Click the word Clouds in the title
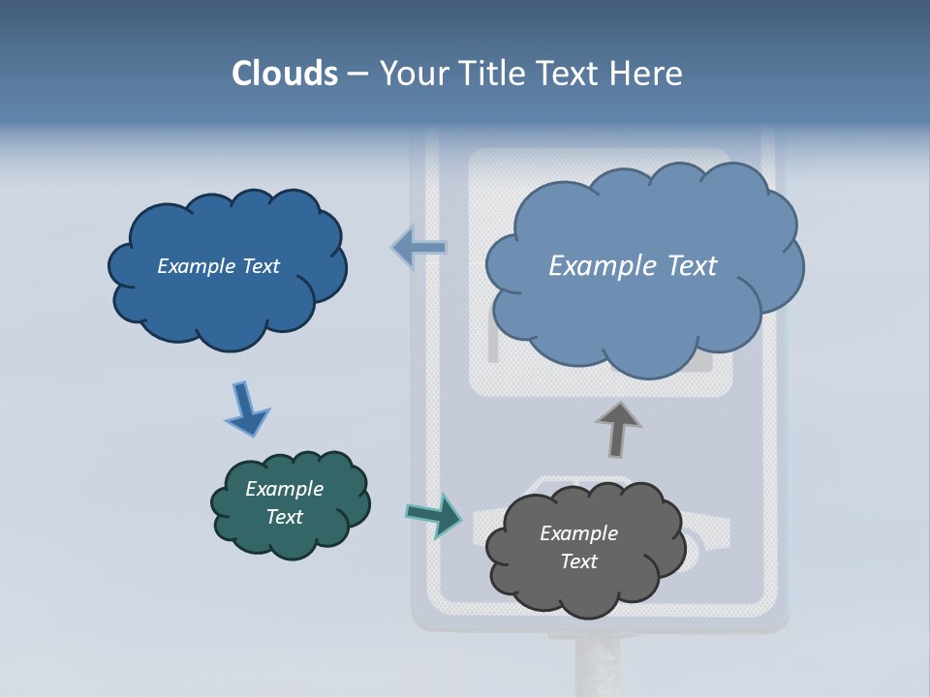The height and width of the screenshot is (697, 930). click(285, 74)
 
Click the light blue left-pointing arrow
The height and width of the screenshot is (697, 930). click(418, 248)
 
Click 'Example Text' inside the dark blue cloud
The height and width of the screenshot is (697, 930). click(218, 266)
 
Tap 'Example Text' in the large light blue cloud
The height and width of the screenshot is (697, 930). click(633, 266)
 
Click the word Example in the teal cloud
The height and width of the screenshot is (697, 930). click(284, 489)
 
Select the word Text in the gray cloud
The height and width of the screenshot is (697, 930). click(578, 561)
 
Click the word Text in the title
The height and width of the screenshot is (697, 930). click(571, 74)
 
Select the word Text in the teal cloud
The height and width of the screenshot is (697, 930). click(284, 517)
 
